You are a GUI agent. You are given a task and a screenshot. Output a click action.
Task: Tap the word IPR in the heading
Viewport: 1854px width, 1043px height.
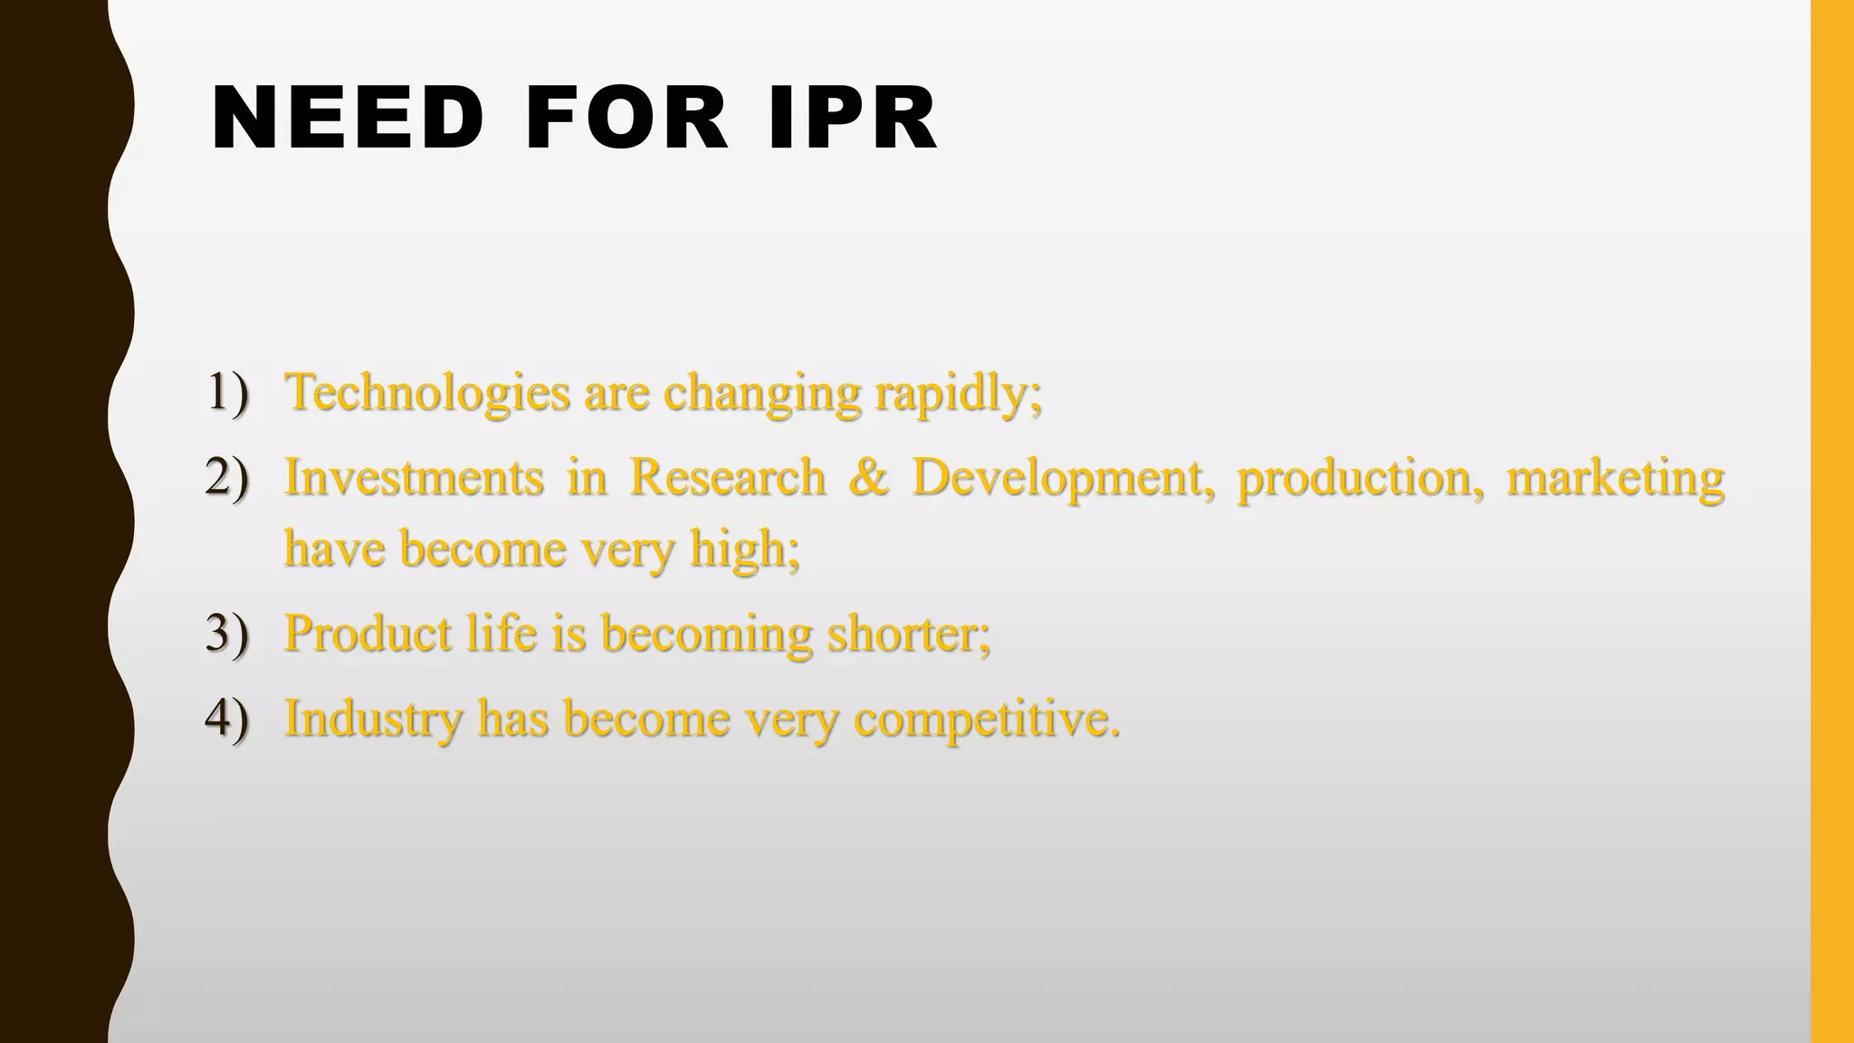click(852, 119)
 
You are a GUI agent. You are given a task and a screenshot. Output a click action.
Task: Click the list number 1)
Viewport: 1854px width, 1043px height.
click(226, 393)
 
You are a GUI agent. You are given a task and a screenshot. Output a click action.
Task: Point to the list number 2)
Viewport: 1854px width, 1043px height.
click(226, 477)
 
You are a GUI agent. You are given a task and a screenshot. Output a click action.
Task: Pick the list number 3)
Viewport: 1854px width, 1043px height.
click(226, 633)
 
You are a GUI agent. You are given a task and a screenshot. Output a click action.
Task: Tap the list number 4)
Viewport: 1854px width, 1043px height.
click(226, 718)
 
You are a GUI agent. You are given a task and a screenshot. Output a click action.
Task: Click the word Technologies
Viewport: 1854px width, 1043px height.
click(427, 393)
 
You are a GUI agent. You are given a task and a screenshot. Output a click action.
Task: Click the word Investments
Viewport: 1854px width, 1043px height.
click(414, 477)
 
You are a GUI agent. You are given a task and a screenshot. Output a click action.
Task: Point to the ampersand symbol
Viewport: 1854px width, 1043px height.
click(868, 477)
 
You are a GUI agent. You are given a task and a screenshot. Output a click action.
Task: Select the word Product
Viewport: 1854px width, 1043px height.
click(368, 633)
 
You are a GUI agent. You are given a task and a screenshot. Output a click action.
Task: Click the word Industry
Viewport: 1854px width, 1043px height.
click(373, 720)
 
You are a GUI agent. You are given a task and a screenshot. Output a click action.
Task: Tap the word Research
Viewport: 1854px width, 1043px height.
click(727, 477)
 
